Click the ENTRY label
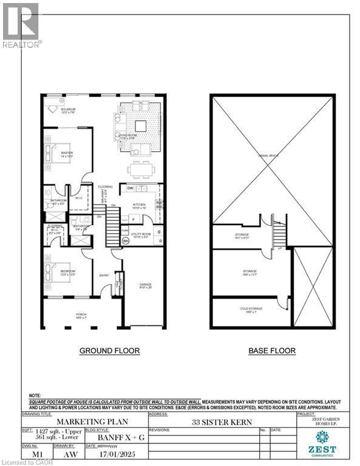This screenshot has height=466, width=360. click(x=103, y=275)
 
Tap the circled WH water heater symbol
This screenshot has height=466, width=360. click(x=126, y=240)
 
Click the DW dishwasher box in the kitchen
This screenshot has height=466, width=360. click(x=131, y=189)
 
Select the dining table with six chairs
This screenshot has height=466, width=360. click(x=140, y=167)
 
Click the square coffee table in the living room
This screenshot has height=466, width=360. click(x=141, y=125)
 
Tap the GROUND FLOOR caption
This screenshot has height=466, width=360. click(x=110, y=351)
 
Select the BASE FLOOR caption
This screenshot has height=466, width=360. click(x=272, y=351)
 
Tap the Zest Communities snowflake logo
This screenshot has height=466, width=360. click(x=322, y=439)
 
